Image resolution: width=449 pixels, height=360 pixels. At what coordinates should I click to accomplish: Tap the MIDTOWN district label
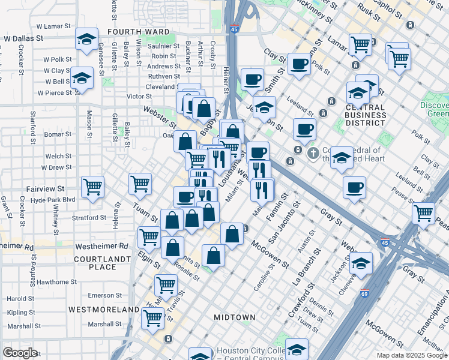coord(235,317)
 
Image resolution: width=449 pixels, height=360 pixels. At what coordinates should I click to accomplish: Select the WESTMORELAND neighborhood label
coord(104,310)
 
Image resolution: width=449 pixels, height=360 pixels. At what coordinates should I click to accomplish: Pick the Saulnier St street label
coord(164,46)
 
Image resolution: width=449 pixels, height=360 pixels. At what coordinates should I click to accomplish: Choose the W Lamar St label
coord(54,27)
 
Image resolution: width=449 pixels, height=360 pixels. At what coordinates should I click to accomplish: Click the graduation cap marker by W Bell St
coord(82,78)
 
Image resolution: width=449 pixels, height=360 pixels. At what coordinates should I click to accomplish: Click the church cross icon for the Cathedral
coord(313,154)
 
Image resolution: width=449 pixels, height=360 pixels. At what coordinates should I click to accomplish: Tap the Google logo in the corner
coord(20,353)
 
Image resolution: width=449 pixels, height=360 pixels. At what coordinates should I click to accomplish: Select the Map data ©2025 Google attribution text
coord(412,355)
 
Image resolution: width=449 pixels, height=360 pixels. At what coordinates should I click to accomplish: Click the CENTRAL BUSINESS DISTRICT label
coord(357,115)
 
